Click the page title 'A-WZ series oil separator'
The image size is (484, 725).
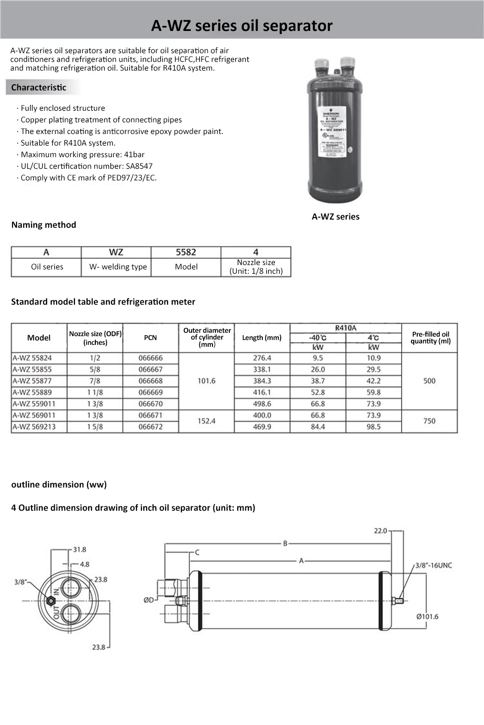[x=242, y=25]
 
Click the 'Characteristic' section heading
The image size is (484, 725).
[x=39, y=88]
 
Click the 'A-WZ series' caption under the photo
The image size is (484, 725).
[x=335, y=217]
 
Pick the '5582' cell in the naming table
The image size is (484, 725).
[x=186, y=252]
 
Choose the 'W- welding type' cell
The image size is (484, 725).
[x=118, y=266]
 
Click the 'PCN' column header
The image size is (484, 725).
[x=151, y=338]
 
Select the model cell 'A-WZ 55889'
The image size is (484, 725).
[x=32, y=392]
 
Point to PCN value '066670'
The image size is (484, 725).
[x=151, y=404]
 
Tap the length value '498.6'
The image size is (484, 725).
[x=262, y=404]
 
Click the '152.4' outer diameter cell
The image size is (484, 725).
[x=206, y=421]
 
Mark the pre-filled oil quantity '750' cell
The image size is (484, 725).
[x=429, y=421]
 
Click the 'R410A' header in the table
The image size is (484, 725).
[x=346, y=328]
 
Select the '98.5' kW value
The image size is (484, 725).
[x=373, y=427]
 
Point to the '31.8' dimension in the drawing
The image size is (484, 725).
[x=79, y=549]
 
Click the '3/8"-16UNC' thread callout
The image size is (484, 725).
[x=434, y=565]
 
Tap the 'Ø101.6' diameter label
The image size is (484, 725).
[x=427, y=617]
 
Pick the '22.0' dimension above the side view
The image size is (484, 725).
[x=381, y=531]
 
